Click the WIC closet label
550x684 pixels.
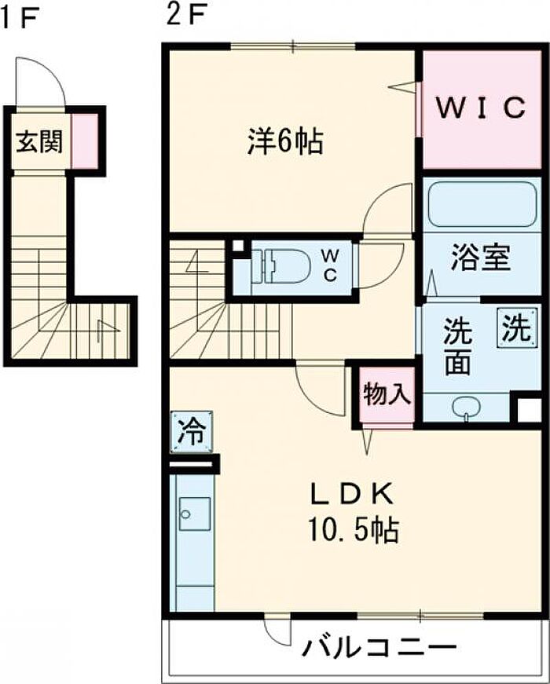click(480, 108)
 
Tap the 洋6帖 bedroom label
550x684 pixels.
click(285, 141)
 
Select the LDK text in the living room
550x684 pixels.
click(352, 495)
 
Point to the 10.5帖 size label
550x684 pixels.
click(354, 529)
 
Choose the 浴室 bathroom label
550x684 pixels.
click(481, 257)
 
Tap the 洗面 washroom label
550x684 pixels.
click(458, 347)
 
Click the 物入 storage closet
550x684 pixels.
click(387, 394)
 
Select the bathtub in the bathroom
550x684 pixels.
click(482, 204)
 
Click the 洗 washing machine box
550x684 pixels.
click(517, 328)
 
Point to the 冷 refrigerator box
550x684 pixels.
click(192, 432)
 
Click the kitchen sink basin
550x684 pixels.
click(194, 514)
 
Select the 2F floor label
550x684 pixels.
click(185, 16)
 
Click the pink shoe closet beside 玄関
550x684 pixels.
click(84, 141)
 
